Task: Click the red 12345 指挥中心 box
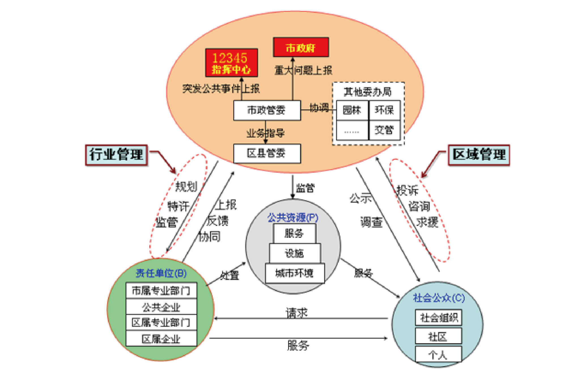(231, 63)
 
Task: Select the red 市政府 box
(301, 47)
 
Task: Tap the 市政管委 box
(267, 110)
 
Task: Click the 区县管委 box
(267, 153)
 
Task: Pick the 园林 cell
(352, 110)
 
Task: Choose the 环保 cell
(384, 110)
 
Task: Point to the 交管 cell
(384, 130)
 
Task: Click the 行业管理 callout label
(116, 155)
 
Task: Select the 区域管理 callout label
(479, 155)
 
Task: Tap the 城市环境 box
(295, 273)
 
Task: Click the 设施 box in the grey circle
(295, 253)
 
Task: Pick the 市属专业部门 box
(161, 291)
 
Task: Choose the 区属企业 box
(161, 339)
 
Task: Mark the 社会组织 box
(438, 318)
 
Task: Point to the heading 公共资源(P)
(293, 217)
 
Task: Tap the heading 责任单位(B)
(161, 273)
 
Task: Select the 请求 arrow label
(296, 313)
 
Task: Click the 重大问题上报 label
(303, 70)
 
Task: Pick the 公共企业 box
(161, 307)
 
